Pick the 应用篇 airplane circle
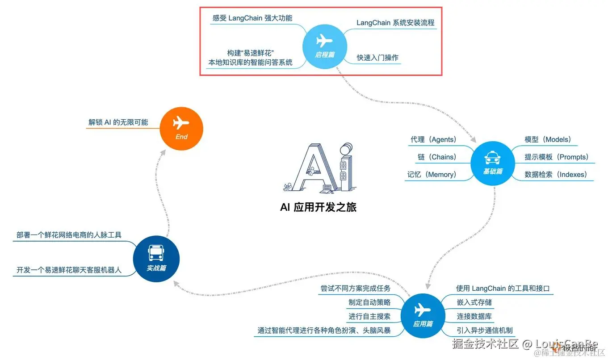423,314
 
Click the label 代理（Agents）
433,140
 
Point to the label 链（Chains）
437,157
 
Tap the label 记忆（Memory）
432,175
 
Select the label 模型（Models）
548,140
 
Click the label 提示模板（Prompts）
556,157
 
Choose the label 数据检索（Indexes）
556,175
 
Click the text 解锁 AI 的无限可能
118,122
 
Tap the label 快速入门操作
377,58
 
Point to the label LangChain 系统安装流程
395,23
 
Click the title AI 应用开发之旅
318,207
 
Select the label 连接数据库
474,317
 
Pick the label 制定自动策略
369,302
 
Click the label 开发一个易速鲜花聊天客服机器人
69,270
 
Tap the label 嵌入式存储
474,302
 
